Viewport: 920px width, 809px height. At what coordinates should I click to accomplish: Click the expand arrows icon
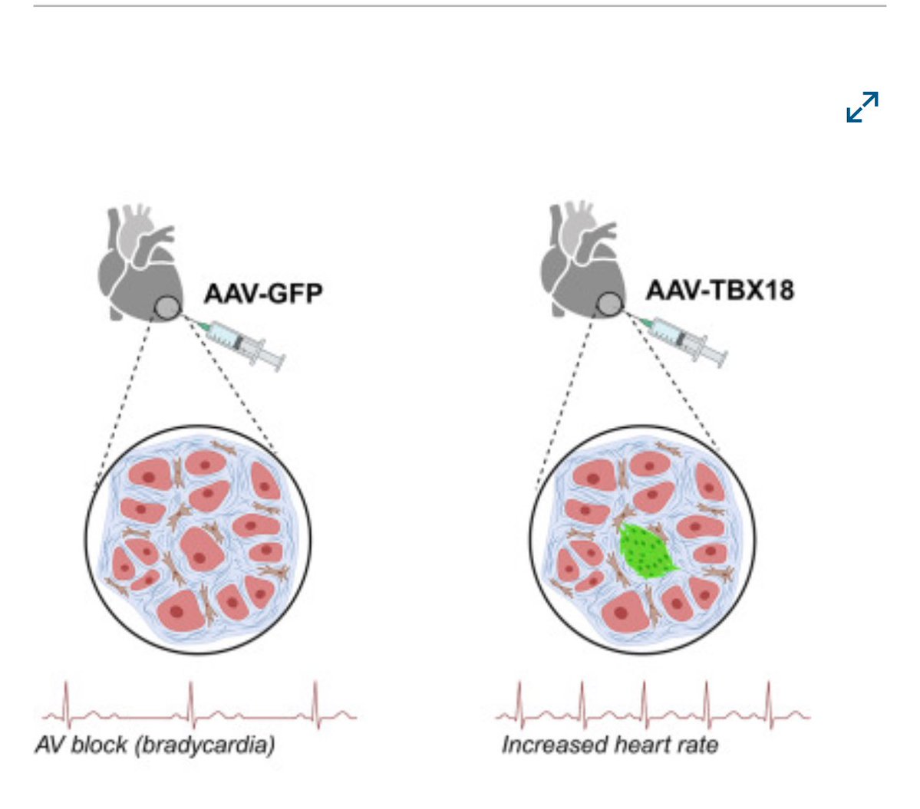862,107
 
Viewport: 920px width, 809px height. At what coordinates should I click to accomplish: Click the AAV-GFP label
262,293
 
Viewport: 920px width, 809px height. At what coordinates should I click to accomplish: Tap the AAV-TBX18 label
719,290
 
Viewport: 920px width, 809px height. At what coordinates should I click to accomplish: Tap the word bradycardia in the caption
205,745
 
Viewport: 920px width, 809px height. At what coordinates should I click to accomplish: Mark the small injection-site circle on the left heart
167,308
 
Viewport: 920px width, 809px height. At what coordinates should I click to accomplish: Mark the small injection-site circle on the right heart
609,305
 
